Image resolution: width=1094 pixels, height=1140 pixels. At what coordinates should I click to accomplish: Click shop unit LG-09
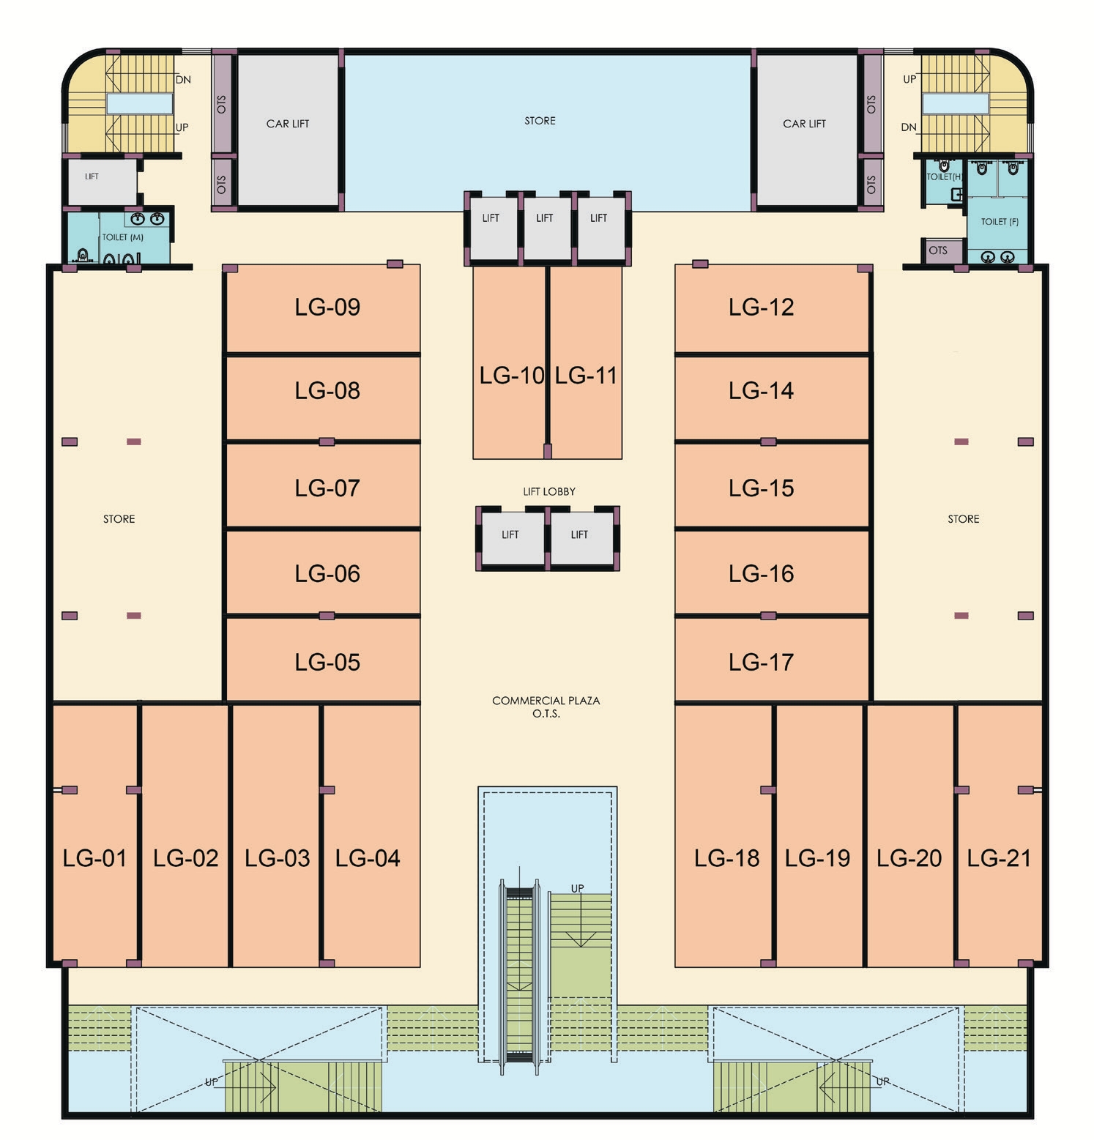click(x=323, y=308)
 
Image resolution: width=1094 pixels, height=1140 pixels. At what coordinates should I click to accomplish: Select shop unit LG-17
click(x=772, y=660)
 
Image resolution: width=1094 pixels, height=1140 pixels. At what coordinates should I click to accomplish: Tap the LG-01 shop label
click(x=94, y=858)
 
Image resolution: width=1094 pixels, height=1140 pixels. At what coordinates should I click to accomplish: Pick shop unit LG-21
click(x=1000, y=835)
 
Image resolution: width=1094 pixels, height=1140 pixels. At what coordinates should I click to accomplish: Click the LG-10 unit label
click(x=512, y=376)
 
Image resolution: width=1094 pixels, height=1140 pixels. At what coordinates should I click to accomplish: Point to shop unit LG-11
click(x=586, y=362)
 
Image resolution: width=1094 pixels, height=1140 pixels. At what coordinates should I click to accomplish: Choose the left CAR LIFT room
click(x=288, y=130)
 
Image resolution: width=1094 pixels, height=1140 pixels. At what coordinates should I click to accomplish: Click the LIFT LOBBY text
click(x=549, y=491)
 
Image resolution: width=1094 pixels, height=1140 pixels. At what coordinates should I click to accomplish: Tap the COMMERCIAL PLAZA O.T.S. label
click(x=546, y=707)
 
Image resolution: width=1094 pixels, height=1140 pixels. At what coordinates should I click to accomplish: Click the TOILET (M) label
click(x=123, y=237)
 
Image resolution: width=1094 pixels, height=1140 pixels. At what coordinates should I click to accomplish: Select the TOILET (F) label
click(x=1000, y=221)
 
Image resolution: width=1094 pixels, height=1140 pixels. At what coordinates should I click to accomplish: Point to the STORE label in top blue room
click(x=540, y=121)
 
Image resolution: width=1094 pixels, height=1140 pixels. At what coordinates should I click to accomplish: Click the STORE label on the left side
click(x=119, y=519)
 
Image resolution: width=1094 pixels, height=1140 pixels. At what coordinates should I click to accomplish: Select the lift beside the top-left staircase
click(x=103, y=182)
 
